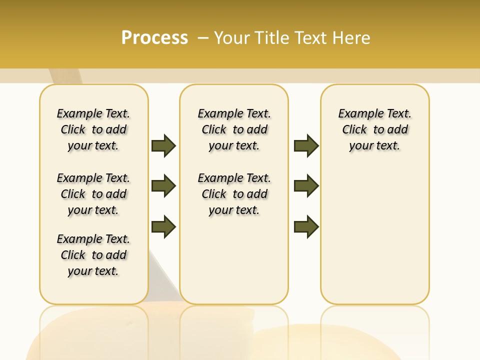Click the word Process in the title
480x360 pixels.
coord(154,37)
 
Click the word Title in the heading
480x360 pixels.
coord(273,37)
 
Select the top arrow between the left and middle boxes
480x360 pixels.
coord(163,145)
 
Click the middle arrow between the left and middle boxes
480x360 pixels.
coord(163,186)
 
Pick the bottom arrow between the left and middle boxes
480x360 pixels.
coord(163,226)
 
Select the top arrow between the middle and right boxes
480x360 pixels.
coord(306,145)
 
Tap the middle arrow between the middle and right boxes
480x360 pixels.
coord(306,186)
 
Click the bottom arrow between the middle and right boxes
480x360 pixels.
coord(306,226)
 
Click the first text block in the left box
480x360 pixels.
coord(93,129)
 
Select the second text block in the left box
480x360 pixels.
coord(93,194)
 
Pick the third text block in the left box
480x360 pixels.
coord(93,255)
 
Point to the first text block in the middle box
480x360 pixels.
coord(234,129)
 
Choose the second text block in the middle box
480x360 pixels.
coord(234,194)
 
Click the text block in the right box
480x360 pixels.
coord(375,129)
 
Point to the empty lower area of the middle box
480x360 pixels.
coord(234,260)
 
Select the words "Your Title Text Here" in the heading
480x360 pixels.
coord(292,37)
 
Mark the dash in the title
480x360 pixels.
coord(203,37)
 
